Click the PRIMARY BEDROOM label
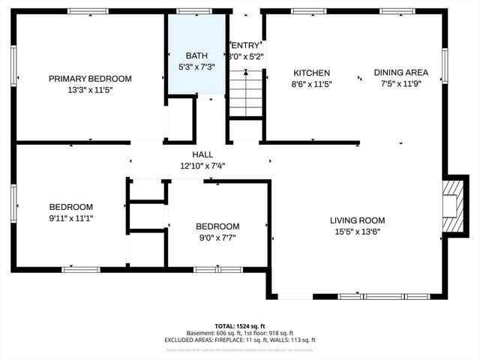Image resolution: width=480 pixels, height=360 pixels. coord(90,78)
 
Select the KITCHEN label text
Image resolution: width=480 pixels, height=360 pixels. coord(310,73)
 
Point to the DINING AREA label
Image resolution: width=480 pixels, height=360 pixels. coord(401,73)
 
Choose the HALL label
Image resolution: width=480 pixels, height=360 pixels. coord(202,154)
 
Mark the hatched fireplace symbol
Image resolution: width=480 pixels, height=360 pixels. coord(453,206)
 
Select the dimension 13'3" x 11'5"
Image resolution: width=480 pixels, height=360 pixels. coord(90,89)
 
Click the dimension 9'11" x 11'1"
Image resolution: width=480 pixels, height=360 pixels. coord(71,218)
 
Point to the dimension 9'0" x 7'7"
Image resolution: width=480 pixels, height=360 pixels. coord(217,238)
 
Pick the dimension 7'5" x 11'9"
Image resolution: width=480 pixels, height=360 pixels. coord(401,84)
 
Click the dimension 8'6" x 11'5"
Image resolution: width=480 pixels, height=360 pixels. coord(310,84)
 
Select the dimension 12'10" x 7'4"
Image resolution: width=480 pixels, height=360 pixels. coord(202,166)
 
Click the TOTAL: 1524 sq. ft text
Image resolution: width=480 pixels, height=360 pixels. coord(240,326)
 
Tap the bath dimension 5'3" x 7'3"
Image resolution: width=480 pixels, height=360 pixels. coord(196,66)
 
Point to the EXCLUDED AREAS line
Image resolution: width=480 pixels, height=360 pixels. coord(240,340)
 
